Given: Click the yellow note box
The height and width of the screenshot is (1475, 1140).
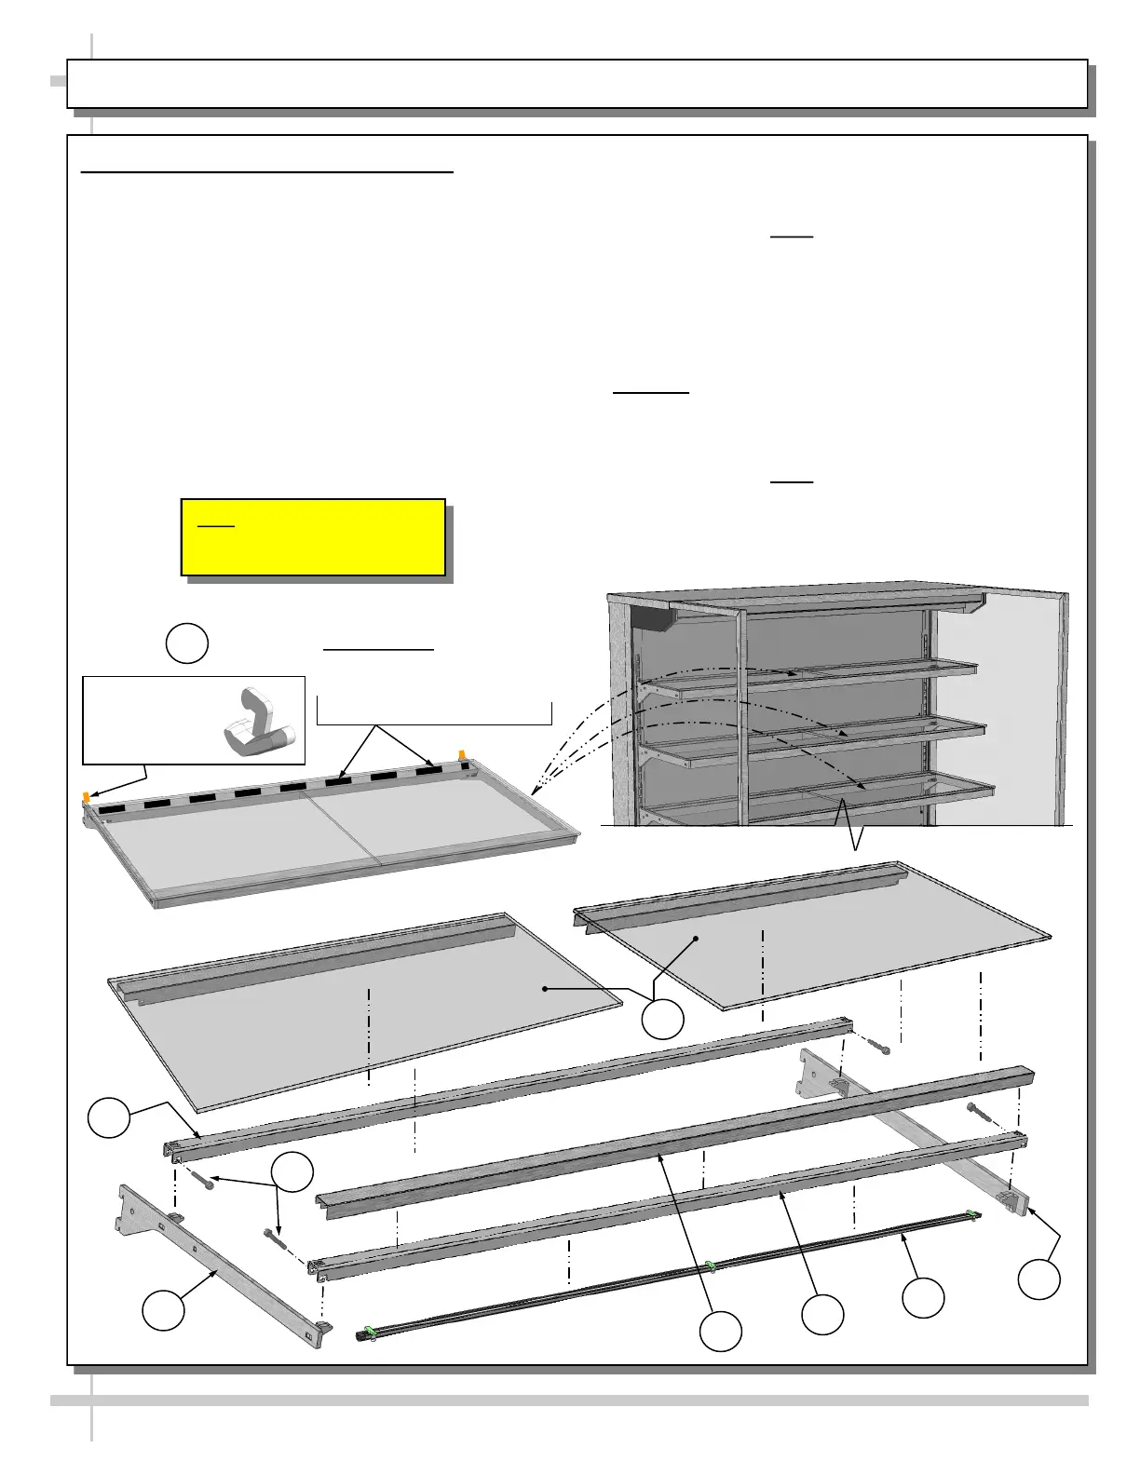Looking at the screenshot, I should coord(312,537).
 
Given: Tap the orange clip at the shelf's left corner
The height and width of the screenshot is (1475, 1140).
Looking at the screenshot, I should coord(86,797).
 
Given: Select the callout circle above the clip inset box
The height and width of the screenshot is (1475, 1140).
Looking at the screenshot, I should coord(186,643).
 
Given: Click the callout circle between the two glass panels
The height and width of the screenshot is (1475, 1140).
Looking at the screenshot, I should coord(663,1019).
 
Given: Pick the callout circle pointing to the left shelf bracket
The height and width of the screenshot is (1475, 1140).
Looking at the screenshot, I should coord(163,1310).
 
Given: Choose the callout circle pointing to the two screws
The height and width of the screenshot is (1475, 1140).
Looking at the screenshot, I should coord(292,1172).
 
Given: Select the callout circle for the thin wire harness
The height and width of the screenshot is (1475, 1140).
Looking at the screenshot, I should coord(923,1297).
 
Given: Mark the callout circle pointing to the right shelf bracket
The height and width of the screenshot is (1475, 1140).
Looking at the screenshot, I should coord(1038,1279).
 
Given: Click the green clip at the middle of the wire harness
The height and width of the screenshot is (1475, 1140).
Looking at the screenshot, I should coord(711,1265).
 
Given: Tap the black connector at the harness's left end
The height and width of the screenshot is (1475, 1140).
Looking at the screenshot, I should coord(359,1335).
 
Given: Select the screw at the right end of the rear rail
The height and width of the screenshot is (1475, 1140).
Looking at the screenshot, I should coord(877,1047).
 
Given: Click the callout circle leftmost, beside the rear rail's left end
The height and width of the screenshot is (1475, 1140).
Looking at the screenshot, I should coord(109,1117).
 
